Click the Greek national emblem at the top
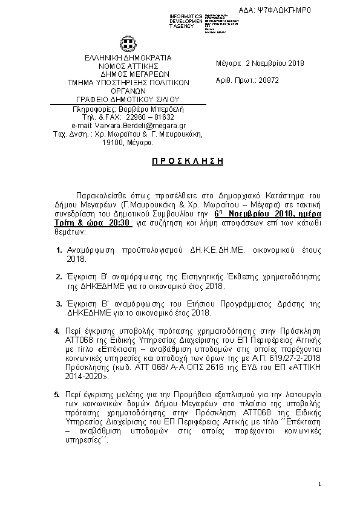click(128, 44)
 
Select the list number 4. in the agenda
click(57, 331)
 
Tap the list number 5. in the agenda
click(57, 395)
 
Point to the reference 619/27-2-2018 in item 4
click(257, 358)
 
